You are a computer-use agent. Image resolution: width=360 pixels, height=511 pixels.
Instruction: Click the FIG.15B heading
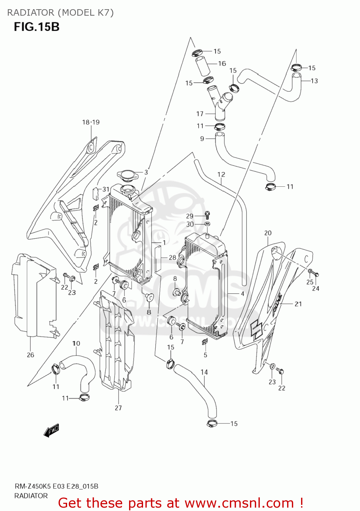coord(36,27)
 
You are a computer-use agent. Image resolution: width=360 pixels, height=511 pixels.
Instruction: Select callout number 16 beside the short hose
coord(222,63)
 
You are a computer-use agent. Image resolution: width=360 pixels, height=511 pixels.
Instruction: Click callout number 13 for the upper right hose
coord(314,81)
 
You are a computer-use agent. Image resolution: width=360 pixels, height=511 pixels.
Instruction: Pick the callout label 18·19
coord(91,122)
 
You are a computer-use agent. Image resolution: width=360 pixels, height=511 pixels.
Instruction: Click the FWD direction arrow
coord(51,430)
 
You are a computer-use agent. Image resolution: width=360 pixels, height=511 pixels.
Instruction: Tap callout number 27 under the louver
coord(118,408)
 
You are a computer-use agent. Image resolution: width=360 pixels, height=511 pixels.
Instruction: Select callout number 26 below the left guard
coord(30,355)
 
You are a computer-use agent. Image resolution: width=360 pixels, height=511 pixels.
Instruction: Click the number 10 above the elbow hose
coord(76,343)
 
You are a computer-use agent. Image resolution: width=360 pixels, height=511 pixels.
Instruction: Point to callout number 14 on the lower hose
coord(204,372)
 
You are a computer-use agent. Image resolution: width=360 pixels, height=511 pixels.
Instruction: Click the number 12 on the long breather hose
coord(221,174)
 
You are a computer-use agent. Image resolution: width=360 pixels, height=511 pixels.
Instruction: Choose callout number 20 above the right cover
coord(268,233)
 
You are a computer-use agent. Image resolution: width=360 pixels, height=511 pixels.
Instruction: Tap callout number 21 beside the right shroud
coord(298,304)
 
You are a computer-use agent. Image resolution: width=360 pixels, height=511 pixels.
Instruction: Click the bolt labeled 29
coord(207,215)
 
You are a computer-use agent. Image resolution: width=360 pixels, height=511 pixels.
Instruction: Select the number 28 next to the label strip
coord(172,258)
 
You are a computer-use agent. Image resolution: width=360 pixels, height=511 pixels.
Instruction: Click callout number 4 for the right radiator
coord(242,293)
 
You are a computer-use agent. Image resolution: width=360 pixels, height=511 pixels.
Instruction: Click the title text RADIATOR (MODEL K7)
coord(60,13)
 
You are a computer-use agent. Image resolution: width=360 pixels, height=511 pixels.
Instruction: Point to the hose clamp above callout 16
coord(197,53)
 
